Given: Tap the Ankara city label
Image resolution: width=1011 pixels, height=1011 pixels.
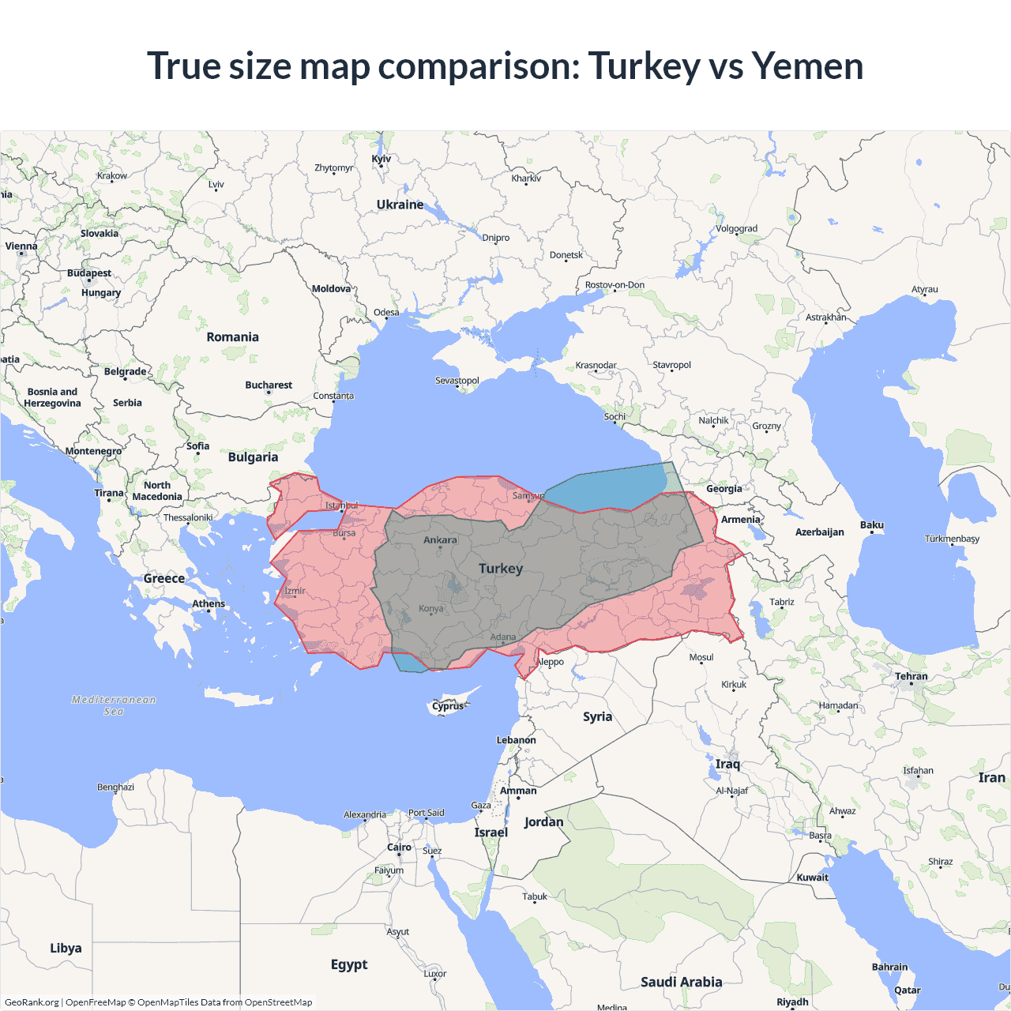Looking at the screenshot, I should [x=440, y=540].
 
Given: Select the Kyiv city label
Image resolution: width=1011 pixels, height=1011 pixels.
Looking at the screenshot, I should [x=381, y=159].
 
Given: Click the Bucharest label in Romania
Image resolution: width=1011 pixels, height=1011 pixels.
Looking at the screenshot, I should [x=269, y=385].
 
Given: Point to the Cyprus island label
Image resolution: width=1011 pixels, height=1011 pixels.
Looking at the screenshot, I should [x=448, y=706].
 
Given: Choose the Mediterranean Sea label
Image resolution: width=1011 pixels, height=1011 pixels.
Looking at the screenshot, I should [x=114, y=705].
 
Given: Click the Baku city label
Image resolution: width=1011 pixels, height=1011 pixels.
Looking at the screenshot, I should [x=872, y=525].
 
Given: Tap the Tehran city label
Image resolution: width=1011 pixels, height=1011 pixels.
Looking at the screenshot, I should [x=911, y=676].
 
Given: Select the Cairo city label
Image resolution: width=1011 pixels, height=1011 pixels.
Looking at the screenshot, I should [x=399, y=848].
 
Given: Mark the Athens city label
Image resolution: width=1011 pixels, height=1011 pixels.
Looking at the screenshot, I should [x=209, y=603].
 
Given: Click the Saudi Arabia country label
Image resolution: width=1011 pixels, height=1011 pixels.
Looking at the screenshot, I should [x=681, y=982].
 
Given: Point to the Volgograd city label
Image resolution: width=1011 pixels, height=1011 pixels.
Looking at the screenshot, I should [x=736, y=229].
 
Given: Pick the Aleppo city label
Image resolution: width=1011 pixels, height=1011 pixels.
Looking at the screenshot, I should [x=551, y=662].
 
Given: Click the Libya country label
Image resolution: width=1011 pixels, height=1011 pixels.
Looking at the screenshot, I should [x=66, y=948].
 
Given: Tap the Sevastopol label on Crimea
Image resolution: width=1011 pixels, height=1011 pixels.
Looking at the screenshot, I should [x=457, y=381].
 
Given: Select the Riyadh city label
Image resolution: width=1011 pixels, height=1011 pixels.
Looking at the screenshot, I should [x=792, y=1002].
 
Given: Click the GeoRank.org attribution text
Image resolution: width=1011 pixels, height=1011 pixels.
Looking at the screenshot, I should [x=32, y=1002].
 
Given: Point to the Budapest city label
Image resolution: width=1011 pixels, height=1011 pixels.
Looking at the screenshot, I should [x=89, y=273].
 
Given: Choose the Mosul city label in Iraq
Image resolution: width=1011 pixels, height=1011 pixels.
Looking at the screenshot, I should [x=701, y=657].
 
